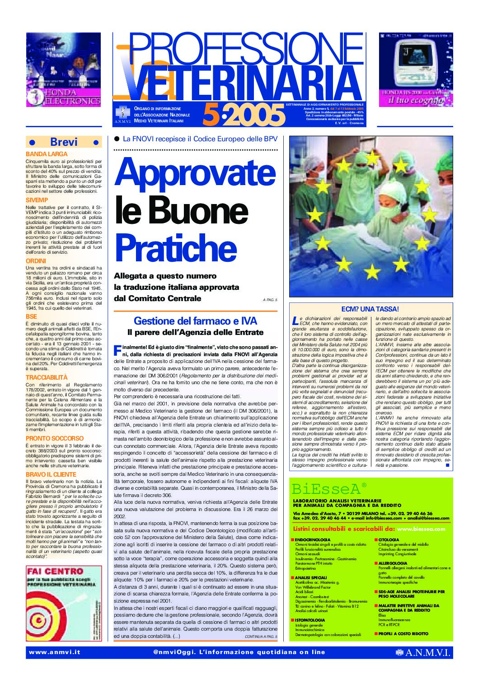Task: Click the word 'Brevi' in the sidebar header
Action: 64,142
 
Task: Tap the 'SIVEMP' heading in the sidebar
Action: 37,200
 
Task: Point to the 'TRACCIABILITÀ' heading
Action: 47,377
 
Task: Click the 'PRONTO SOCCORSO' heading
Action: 55,438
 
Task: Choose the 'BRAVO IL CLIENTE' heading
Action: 51,474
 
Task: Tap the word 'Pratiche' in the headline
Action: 176,247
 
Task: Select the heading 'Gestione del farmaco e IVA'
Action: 195,321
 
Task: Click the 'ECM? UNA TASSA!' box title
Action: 370,309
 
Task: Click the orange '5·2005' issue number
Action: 244,115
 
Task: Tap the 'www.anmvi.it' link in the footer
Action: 54,652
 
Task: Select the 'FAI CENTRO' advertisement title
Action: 55,572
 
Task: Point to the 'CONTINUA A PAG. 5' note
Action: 261,637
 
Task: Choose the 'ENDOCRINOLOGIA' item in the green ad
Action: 313,540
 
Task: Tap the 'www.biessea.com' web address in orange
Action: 421,529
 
